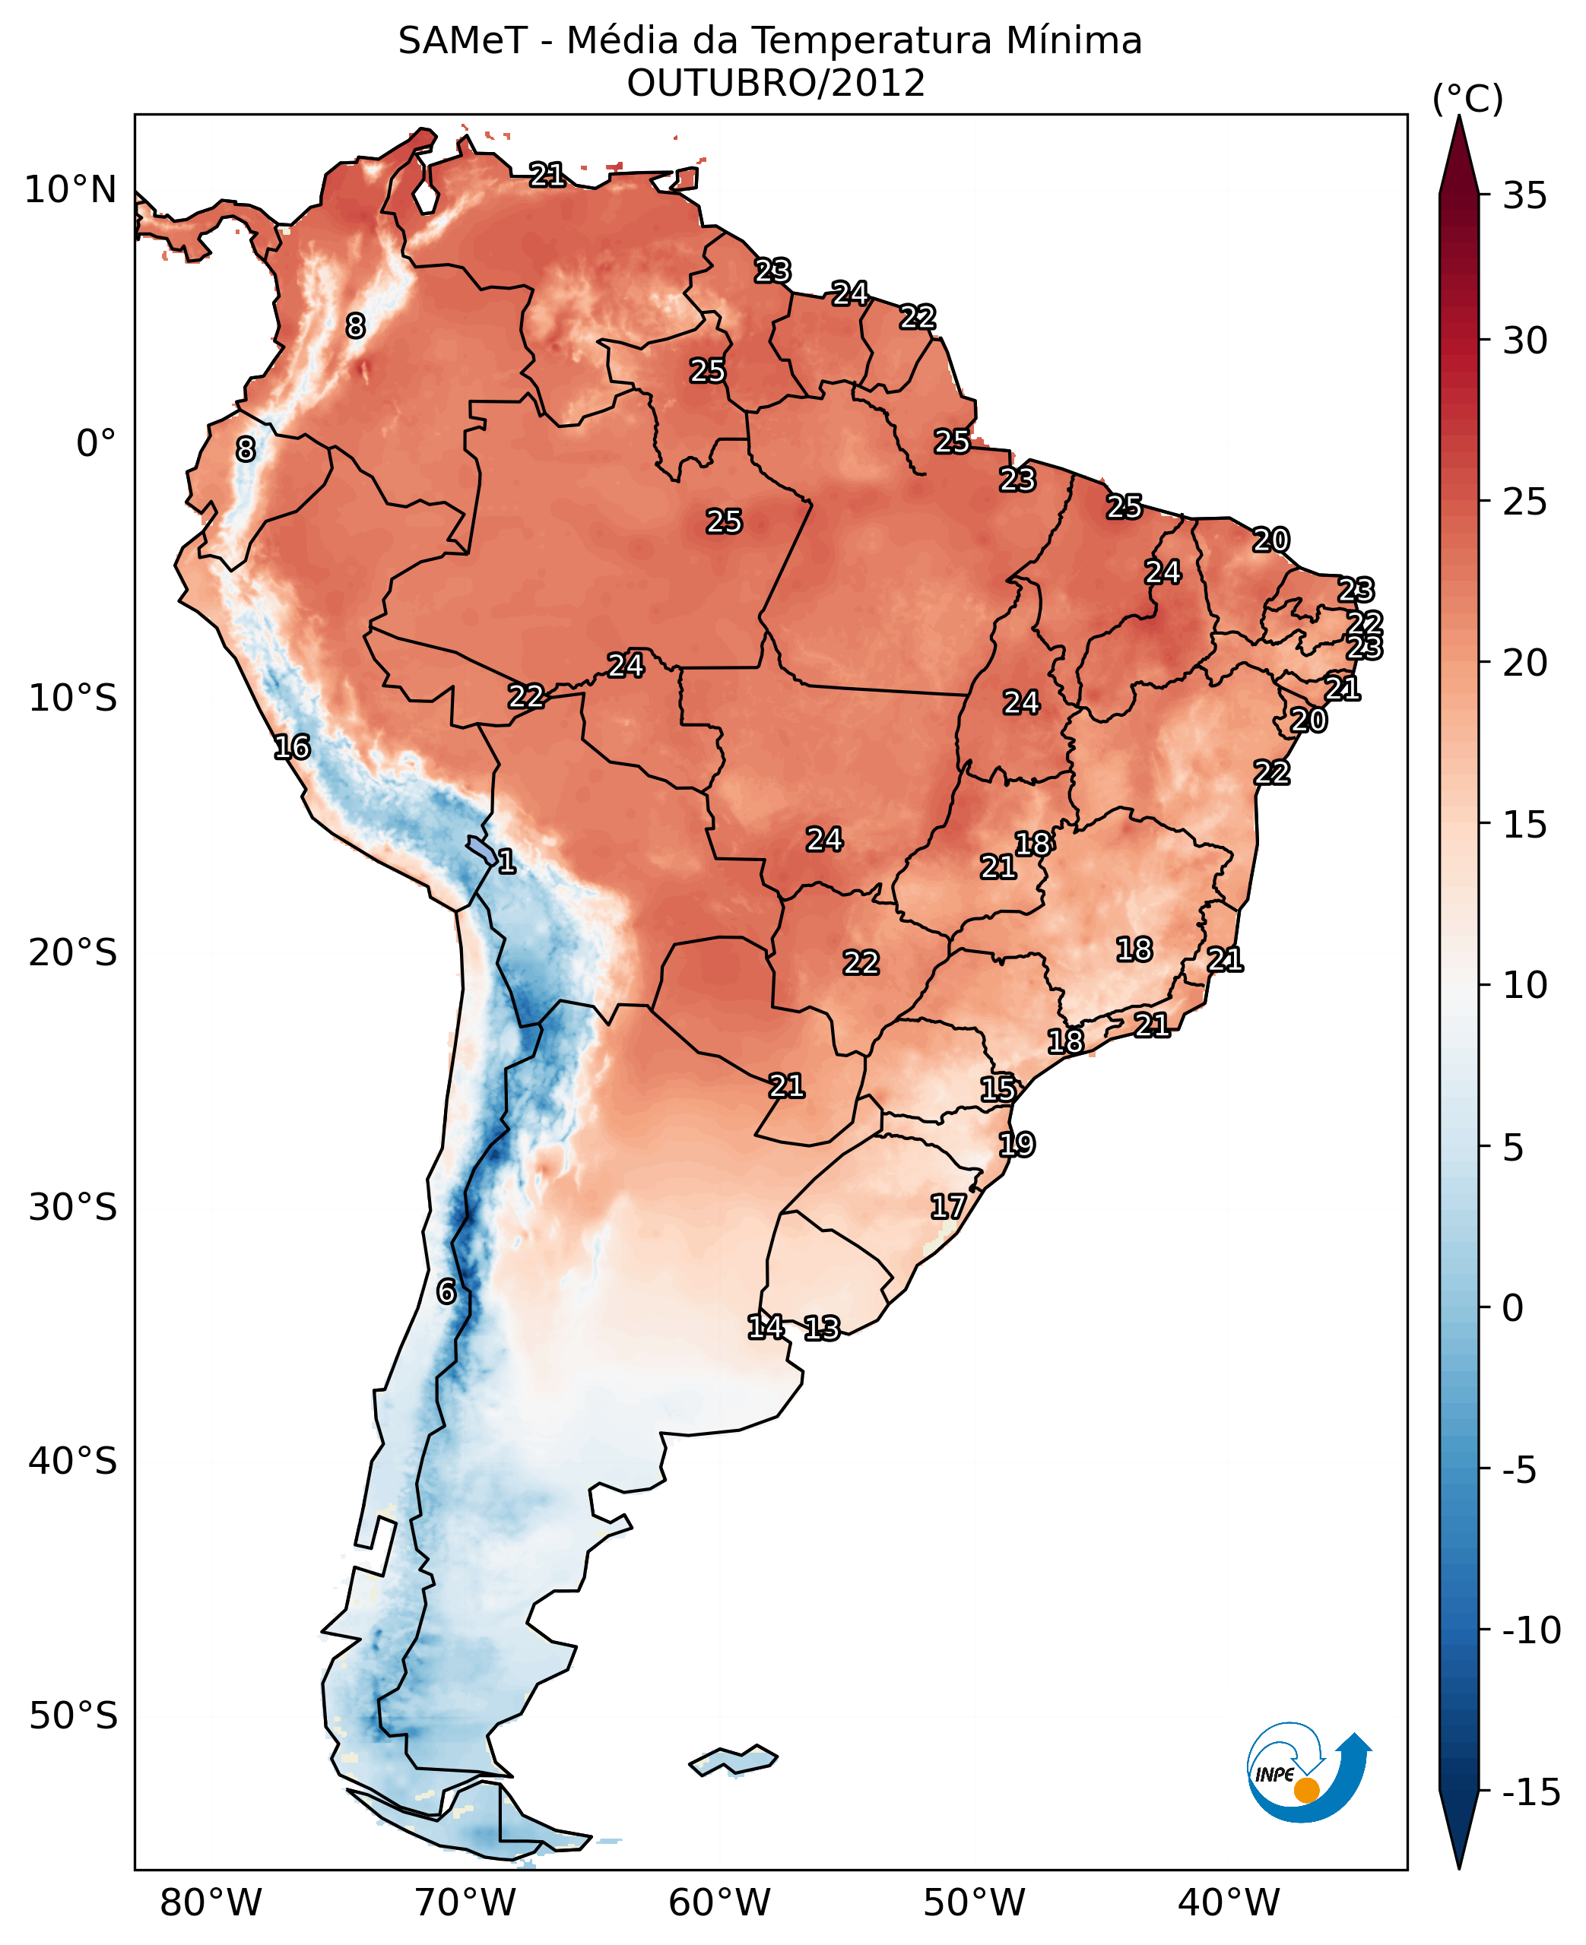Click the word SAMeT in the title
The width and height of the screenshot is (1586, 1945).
coord(462,41)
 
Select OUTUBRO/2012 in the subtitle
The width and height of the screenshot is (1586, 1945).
coord(776,83)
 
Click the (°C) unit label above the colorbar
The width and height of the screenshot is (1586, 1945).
coord(1467,99)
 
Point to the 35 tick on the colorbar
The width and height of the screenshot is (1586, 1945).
coord(1524,195)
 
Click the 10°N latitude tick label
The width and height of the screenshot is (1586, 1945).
coord(71,190)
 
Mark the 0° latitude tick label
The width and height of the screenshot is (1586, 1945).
coord(96,444)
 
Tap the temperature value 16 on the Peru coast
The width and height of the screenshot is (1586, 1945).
coord(293,747)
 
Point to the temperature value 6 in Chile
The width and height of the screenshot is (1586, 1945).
coord(446,1291)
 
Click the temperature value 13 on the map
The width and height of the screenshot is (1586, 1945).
coord(822,1328)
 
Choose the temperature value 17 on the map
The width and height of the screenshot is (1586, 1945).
coord(948,1206)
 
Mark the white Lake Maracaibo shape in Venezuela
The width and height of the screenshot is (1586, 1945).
coord(424,196)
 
